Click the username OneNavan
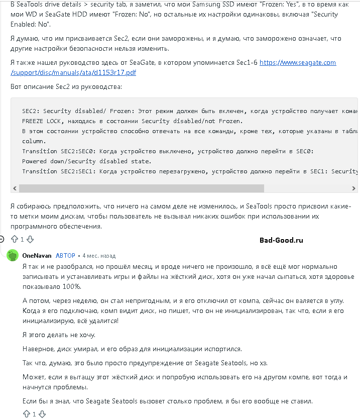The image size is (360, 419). click(x=37, y=255)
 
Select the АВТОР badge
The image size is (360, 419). click(x=65, y=255)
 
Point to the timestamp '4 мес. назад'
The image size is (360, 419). click(x=99, y=255)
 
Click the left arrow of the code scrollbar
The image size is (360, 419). click(x=15, y=188)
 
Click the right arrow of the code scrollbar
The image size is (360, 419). click(x=354, y=188)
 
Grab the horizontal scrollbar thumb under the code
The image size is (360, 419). click(x=141, y=188)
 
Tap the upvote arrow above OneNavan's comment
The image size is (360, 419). click(x=14, y=239)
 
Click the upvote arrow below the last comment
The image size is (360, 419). click(x=26, y=414)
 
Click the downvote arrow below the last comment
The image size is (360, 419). click(x=42, y=414)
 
